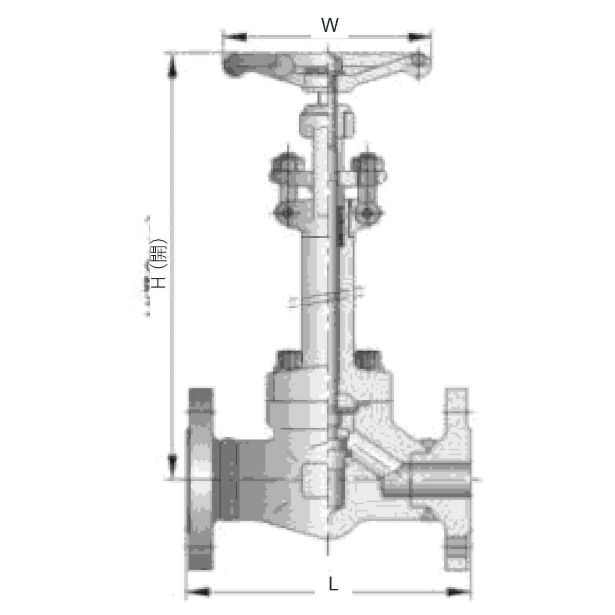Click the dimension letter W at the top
[330, 25]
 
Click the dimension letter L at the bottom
[333, 584]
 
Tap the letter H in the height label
[159, 282]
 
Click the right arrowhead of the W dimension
[419, 37]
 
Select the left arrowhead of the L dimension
[198, 592]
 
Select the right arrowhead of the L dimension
[459, 592]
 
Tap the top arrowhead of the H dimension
[172, 67]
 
